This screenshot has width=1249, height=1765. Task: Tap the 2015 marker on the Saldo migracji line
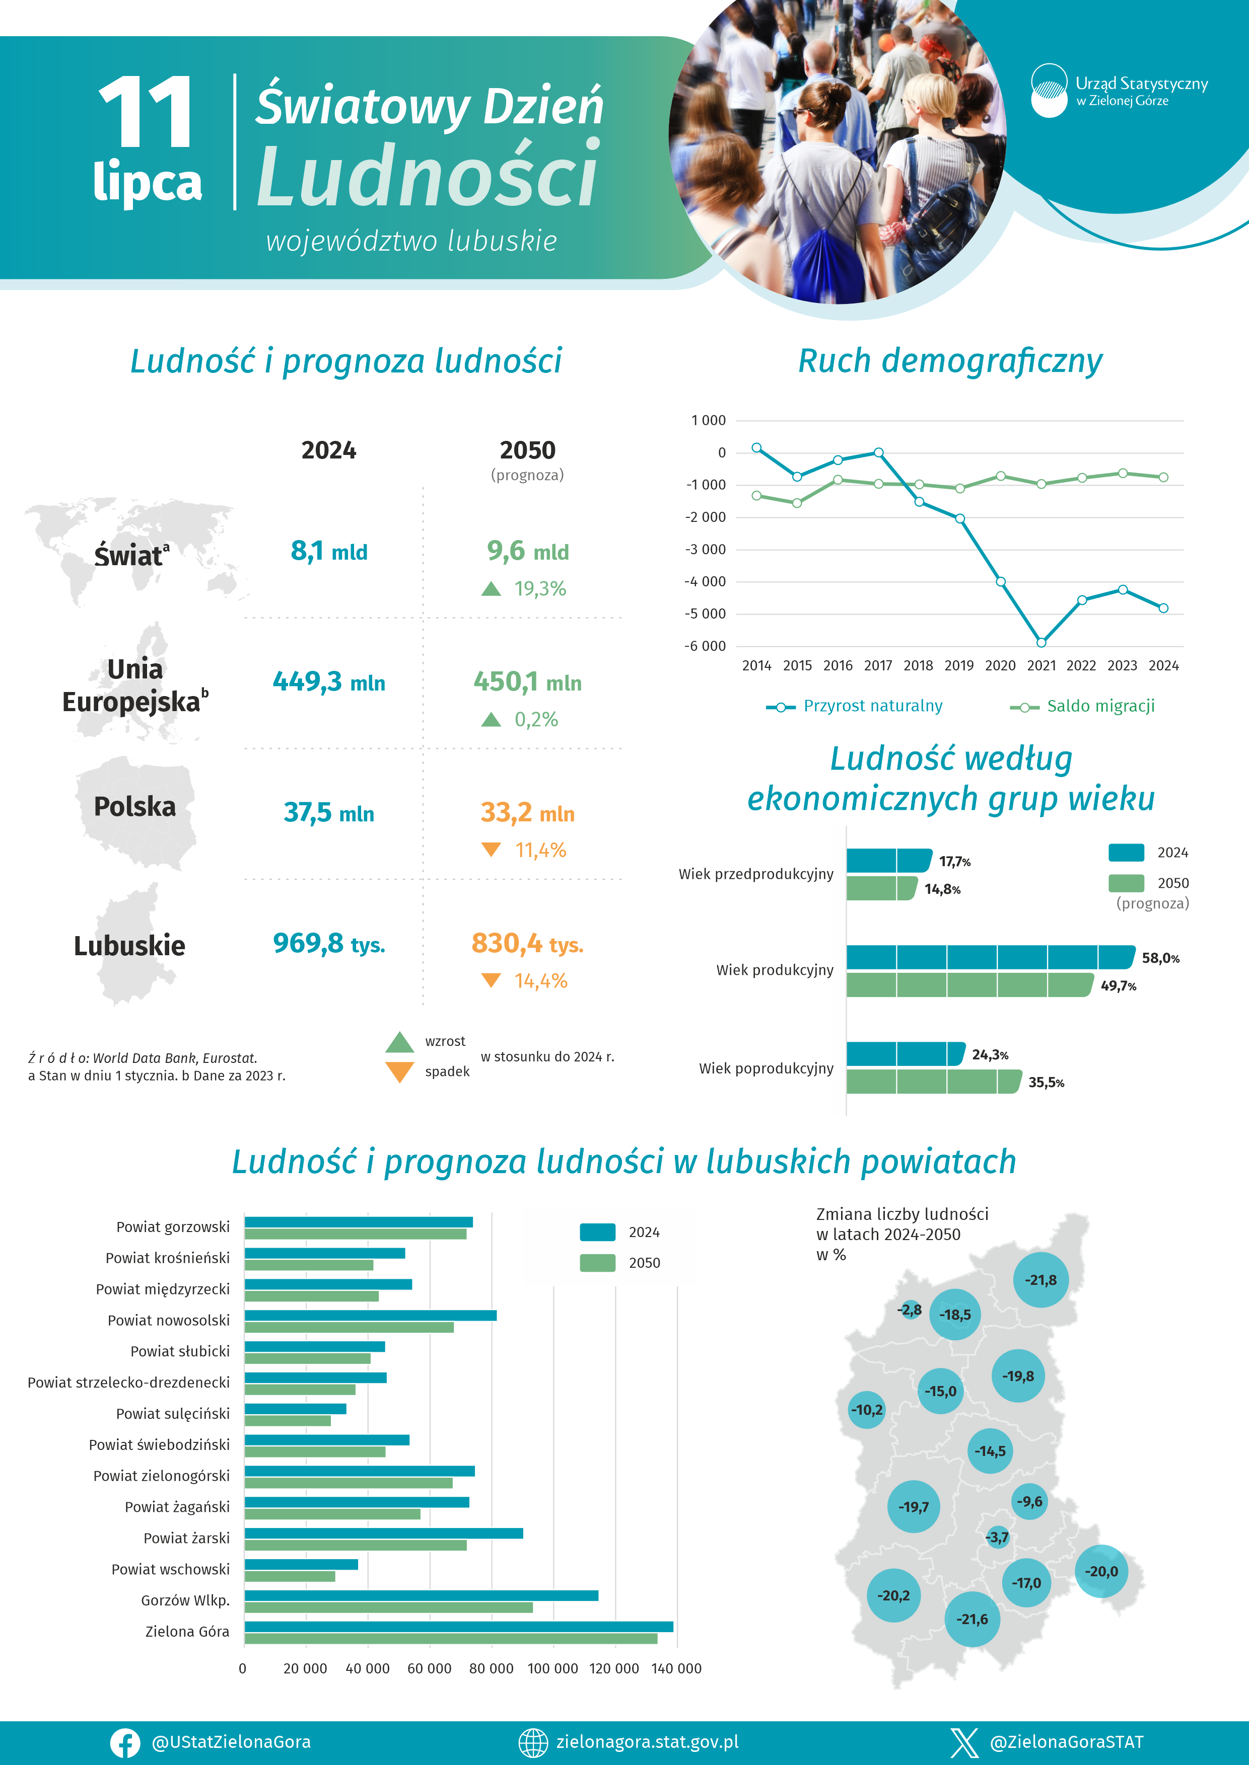pos(797,503)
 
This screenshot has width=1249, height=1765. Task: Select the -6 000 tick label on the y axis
pos(705,646)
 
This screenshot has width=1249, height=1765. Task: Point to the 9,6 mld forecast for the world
pos(528,551)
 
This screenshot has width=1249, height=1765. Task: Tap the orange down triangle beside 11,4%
pos(491,850)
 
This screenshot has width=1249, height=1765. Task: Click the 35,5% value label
pos(1046,1083)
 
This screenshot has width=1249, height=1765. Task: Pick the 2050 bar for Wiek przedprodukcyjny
pos(881,888)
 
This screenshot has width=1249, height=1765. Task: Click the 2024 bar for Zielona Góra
pos(458,1627)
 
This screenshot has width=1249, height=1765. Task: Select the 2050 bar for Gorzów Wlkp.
pos(388,1607)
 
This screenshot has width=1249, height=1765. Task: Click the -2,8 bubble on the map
pos(910,1309)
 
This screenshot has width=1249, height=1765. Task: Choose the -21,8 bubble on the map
pos(1040,1280)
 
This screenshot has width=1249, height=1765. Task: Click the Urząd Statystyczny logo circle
pos(1049,91)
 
